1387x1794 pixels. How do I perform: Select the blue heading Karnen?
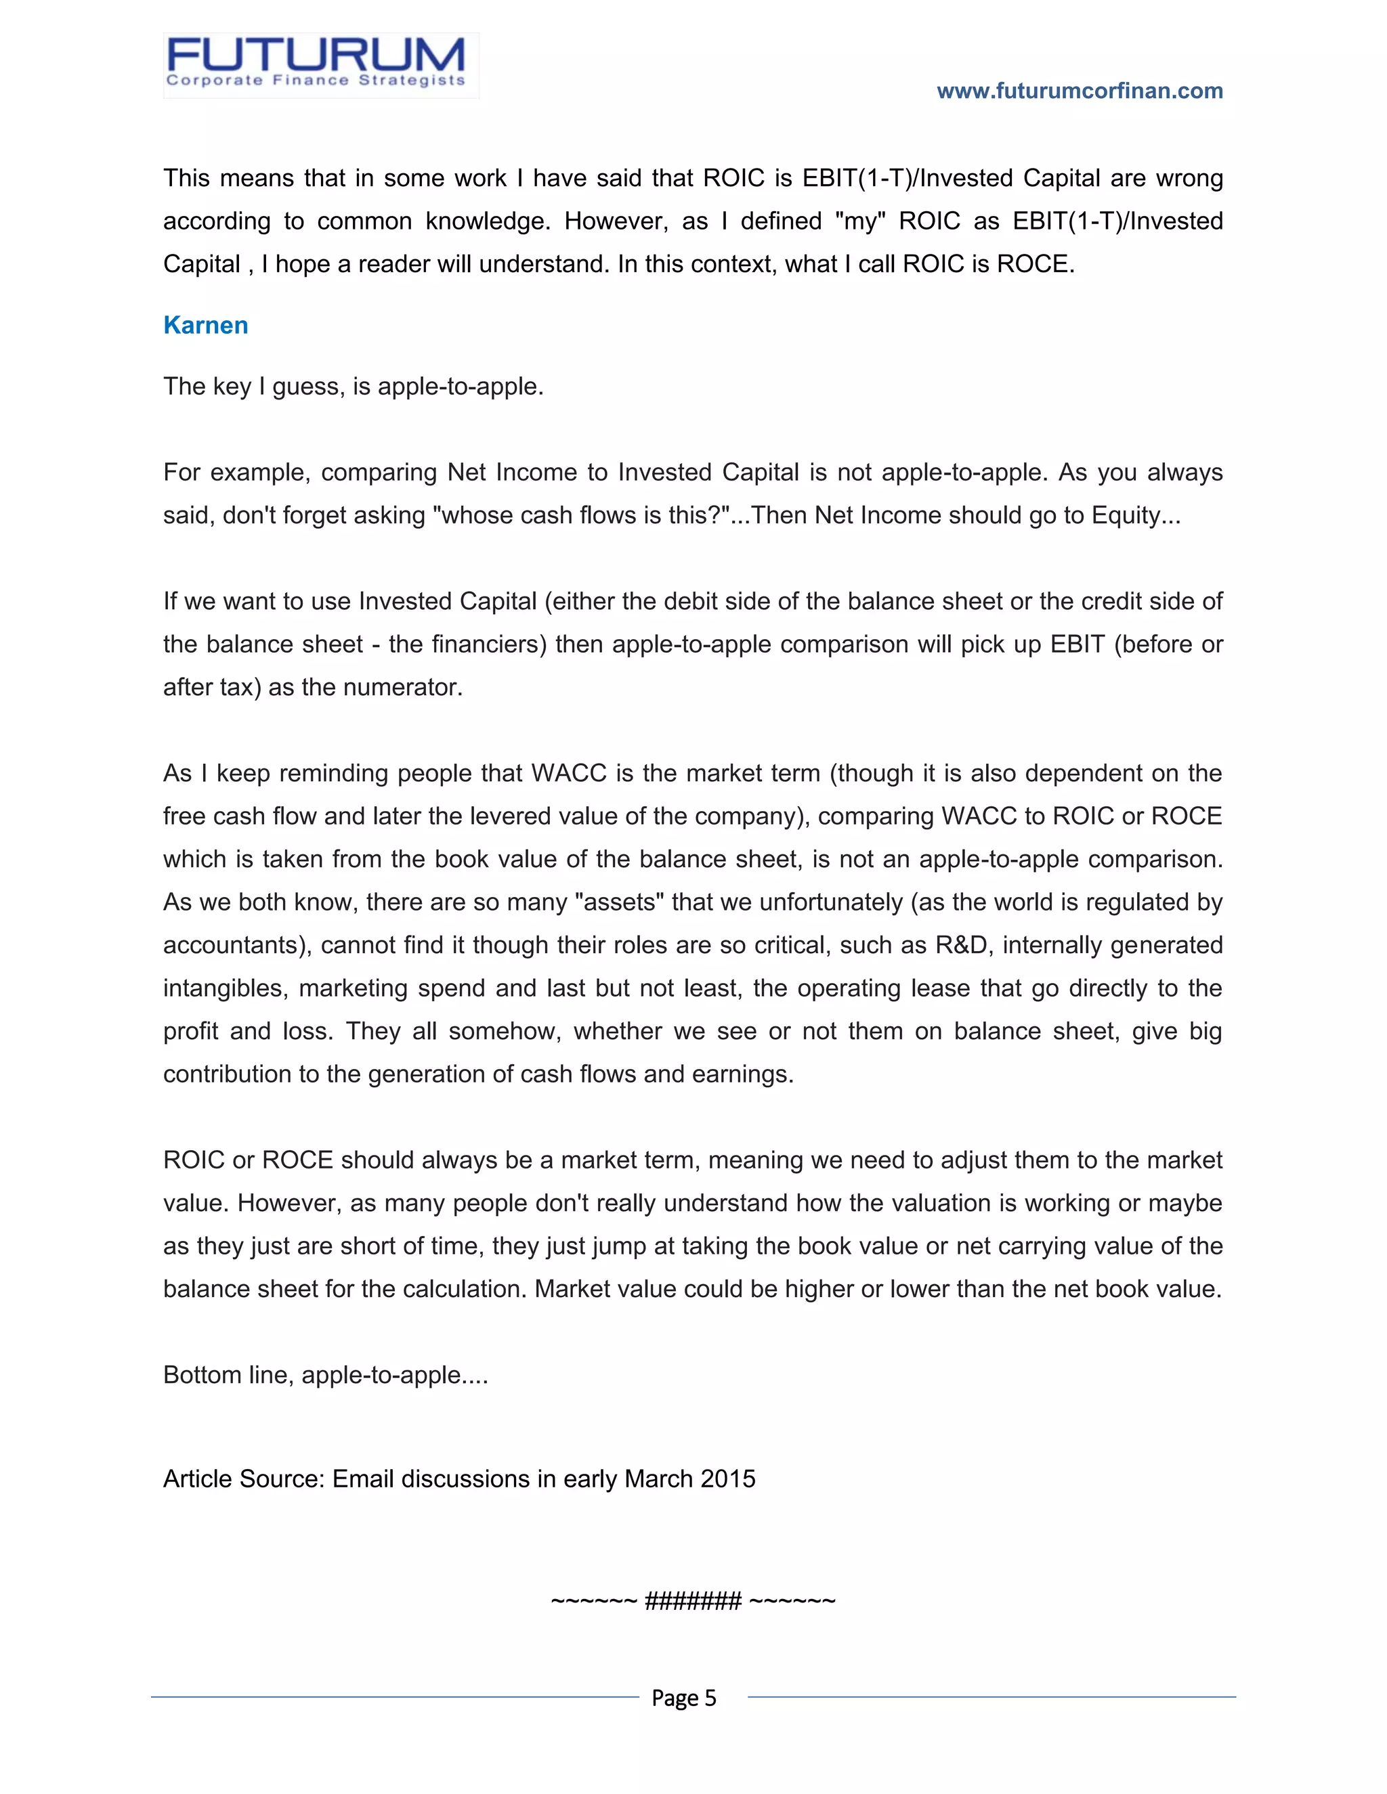[205, 325]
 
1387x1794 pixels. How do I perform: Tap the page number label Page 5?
[683, 1697]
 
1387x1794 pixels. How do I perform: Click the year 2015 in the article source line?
[728, 1479]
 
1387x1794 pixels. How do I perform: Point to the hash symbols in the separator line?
[693, 1600]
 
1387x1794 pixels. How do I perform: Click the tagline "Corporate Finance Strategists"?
[316, 81]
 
